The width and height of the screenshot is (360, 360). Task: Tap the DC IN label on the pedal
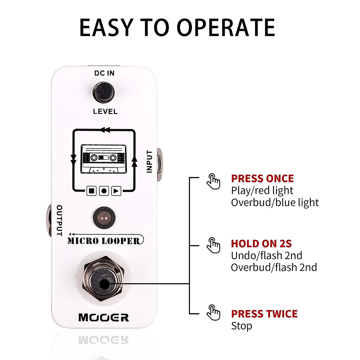tap(104, 73)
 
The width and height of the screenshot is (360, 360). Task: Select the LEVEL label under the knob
tap(105, 112)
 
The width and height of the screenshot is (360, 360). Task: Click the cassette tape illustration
tap(103, 159)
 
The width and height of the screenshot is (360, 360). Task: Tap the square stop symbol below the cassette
tap(91, 190)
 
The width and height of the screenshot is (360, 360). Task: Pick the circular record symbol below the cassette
tap(104, 190)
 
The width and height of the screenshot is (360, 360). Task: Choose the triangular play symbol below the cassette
tap(116, 190)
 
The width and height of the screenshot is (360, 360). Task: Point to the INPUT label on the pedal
tap(149, 161)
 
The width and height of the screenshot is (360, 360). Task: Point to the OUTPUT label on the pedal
tap(59, 220)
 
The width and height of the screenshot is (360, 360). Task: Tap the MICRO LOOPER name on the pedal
tap(104, 241)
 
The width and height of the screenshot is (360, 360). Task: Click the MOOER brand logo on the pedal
tap(104, 317)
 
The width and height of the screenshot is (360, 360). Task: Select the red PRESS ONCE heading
tap(262, 178)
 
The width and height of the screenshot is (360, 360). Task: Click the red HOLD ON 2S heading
tap(261, 243)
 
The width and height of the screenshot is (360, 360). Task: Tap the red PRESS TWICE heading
tap(264, 314)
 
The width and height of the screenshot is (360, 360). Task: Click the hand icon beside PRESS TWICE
tap(213, 313)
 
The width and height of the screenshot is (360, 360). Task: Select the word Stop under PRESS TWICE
tap(241, 326)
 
